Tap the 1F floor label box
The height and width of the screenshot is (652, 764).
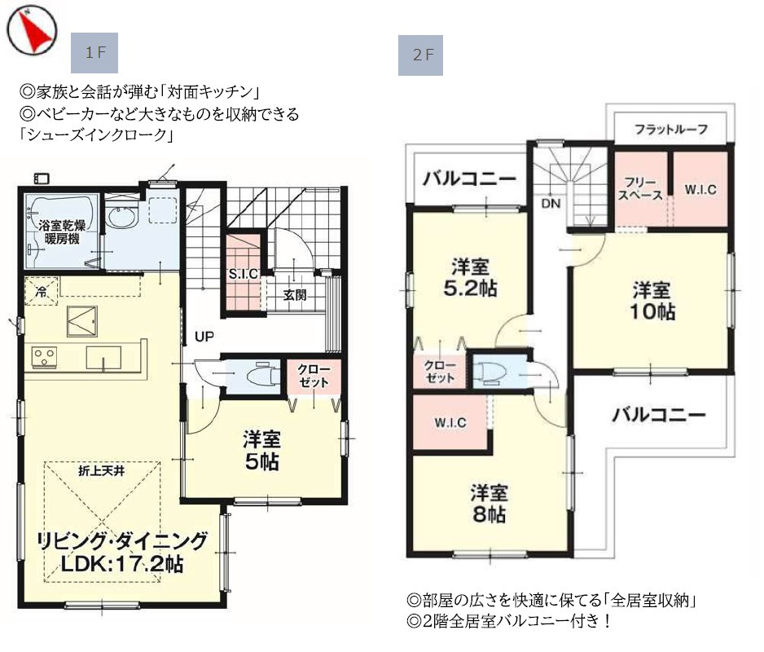click(95, 54)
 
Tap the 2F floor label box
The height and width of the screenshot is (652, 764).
click(420, 55)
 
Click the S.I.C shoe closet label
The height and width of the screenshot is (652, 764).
click(244, 275)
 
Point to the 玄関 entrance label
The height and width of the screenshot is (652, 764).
click(294, 295)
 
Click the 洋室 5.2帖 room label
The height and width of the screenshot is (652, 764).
click(471, 277)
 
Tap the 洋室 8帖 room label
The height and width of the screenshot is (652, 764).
click(490, 503)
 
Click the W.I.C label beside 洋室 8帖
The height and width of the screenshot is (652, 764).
click(450, 422)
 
